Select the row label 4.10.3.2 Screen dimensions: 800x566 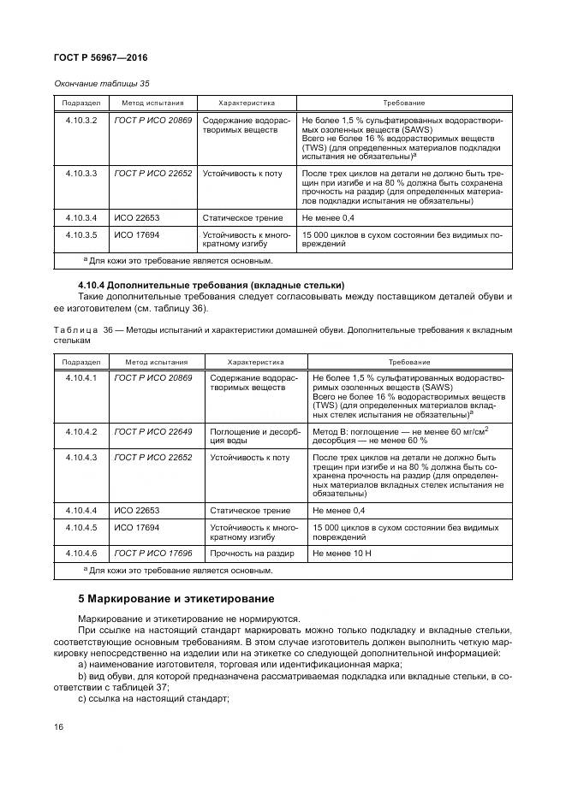(81, 121)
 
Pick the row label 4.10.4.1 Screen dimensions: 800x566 (81, 376)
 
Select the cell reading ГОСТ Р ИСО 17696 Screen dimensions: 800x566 (153, 554)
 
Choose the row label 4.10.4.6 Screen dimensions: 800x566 (81, 554)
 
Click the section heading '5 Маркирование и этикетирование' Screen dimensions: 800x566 (176, 598)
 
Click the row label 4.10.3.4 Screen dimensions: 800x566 (81, 217)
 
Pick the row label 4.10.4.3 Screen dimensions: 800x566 (81, 457)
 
